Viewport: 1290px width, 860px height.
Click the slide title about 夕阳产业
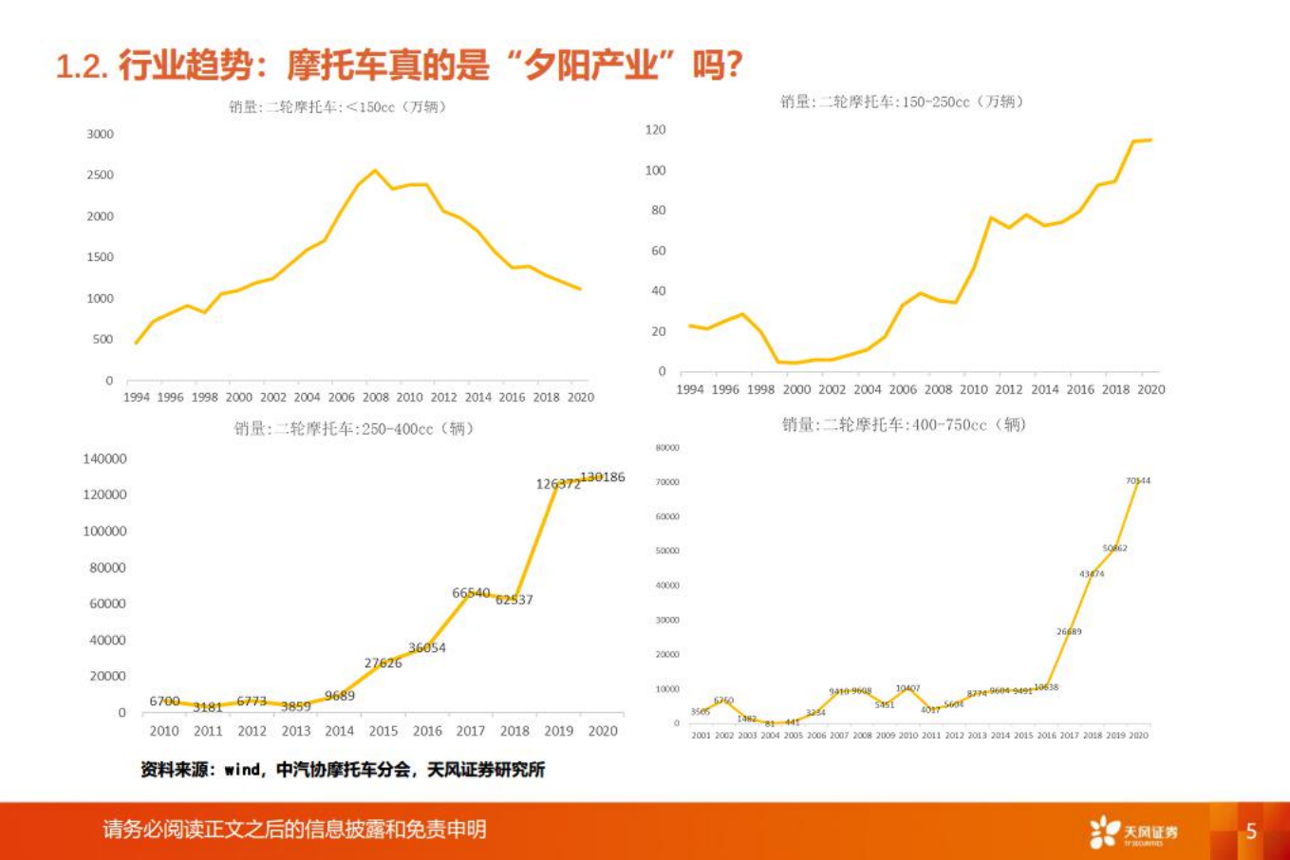[x=399, y=65]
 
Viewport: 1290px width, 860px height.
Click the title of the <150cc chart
[x=337, y=106]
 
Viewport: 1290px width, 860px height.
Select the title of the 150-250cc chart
[x=901, y=102]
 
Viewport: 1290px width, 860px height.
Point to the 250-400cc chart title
[x=354, y=428]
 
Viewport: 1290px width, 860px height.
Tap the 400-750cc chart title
[x=903, y=424]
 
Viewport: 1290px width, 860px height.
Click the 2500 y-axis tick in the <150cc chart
[x=100, y=175]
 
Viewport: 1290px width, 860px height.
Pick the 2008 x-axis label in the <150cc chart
[x=375, y=397]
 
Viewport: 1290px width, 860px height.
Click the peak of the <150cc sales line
[x=375, y=171]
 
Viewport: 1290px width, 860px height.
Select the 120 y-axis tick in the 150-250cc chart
[x=655, y=129]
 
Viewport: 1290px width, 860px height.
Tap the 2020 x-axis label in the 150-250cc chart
[x=1150, y=389]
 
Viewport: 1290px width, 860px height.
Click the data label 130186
[x=602, y=477]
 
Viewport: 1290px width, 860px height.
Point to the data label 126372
[x=557, y=484]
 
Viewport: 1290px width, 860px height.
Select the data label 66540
[x=471, y=592]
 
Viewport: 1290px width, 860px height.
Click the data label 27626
[x=383, y=663]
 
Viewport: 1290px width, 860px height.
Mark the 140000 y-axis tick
[x=104, y=458]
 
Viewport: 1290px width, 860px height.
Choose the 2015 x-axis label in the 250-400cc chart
[x=383, y=731]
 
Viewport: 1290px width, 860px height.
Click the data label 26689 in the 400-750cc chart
[x=1069, y=631]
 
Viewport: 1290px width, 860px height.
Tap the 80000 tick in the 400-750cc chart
[x=667, y=447]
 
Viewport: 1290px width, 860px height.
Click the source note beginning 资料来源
[x=343, y=770]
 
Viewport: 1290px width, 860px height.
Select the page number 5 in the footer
[x=1250, y=832]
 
